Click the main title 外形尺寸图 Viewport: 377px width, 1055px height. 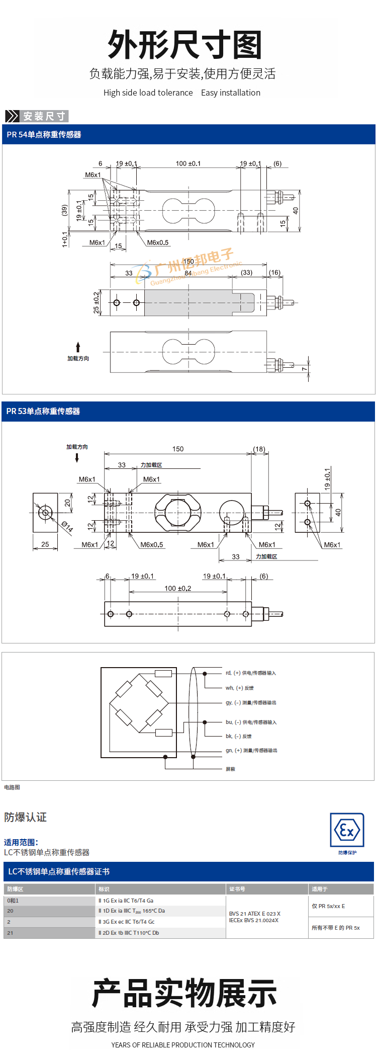[185, 45]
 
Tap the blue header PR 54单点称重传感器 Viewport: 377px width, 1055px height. [44, 135]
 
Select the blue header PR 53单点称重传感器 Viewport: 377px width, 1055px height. [43, 412]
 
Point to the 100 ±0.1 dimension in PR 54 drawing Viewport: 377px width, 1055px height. [188, 164]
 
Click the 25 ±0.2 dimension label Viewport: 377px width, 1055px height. [97, 303]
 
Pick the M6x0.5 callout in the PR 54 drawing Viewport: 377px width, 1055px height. [158, 242]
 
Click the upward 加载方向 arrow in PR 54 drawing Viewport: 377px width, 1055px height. [78, 347]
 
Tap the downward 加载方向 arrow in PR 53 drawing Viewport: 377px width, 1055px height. [77, 457]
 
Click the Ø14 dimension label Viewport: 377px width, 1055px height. [67, 527]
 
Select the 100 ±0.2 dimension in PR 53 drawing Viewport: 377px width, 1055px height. [178, 588]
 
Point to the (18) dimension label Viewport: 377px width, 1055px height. [259, 449]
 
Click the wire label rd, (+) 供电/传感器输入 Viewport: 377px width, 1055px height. [251, 673]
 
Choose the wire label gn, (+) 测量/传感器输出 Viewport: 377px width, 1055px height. [251, 750]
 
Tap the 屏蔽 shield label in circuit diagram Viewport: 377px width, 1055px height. [230, 769]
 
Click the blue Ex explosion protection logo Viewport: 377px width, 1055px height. [347, 830]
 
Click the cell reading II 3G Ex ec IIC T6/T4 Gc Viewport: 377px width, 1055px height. [127, 922]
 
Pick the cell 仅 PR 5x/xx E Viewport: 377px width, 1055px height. [328, 906]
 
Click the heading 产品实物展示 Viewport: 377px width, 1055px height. [184, 993]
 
